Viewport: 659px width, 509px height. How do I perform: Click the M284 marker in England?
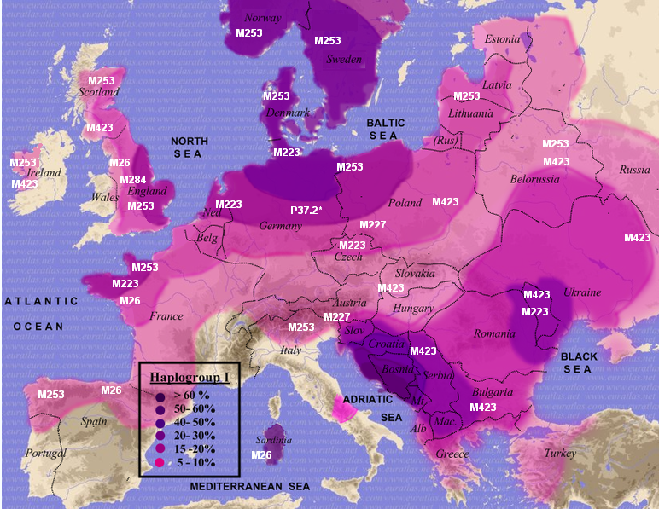click(x=132, y=180)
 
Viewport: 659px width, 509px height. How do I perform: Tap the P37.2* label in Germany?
click(x=306, y=210)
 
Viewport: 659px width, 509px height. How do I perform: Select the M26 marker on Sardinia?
click(x=261, y=455)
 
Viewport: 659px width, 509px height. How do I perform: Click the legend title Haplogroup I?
click(x=185, y=378)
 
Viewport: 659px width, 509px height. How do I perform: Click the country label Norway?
click(x=262, y=18)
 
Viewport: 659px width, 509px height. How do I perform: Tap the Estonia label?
click(x=502, y=39)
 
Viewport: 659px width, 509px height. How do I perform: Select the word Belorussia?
click(x=534, y=179)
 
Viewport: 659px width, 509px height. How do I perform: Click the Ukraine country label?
click(x=582, y=292)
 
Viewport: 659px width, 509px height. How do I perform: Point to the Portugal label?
click(x=45, y=453)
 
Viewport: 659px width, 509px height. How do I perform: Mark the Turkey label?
click(x=561, y=453)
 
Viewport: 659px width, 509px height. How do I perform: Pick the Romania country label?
click(x=495, y=333)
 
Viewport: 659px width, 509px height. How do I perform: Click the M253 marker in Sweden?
click(x=328, y=40)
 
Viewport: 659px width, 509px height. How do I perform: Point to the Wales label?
click(x=105, y=197)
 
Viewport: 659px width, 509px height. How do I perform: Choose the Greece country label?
click(x=452, y=454)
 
